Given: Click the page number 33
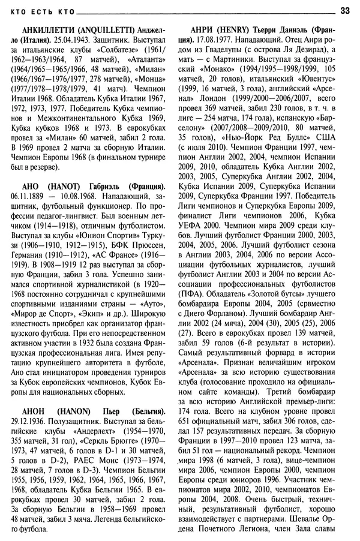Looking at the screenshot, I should tap(345, 9).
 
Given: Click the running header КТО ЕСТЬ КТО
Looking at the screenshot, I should tap(39, 10).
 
